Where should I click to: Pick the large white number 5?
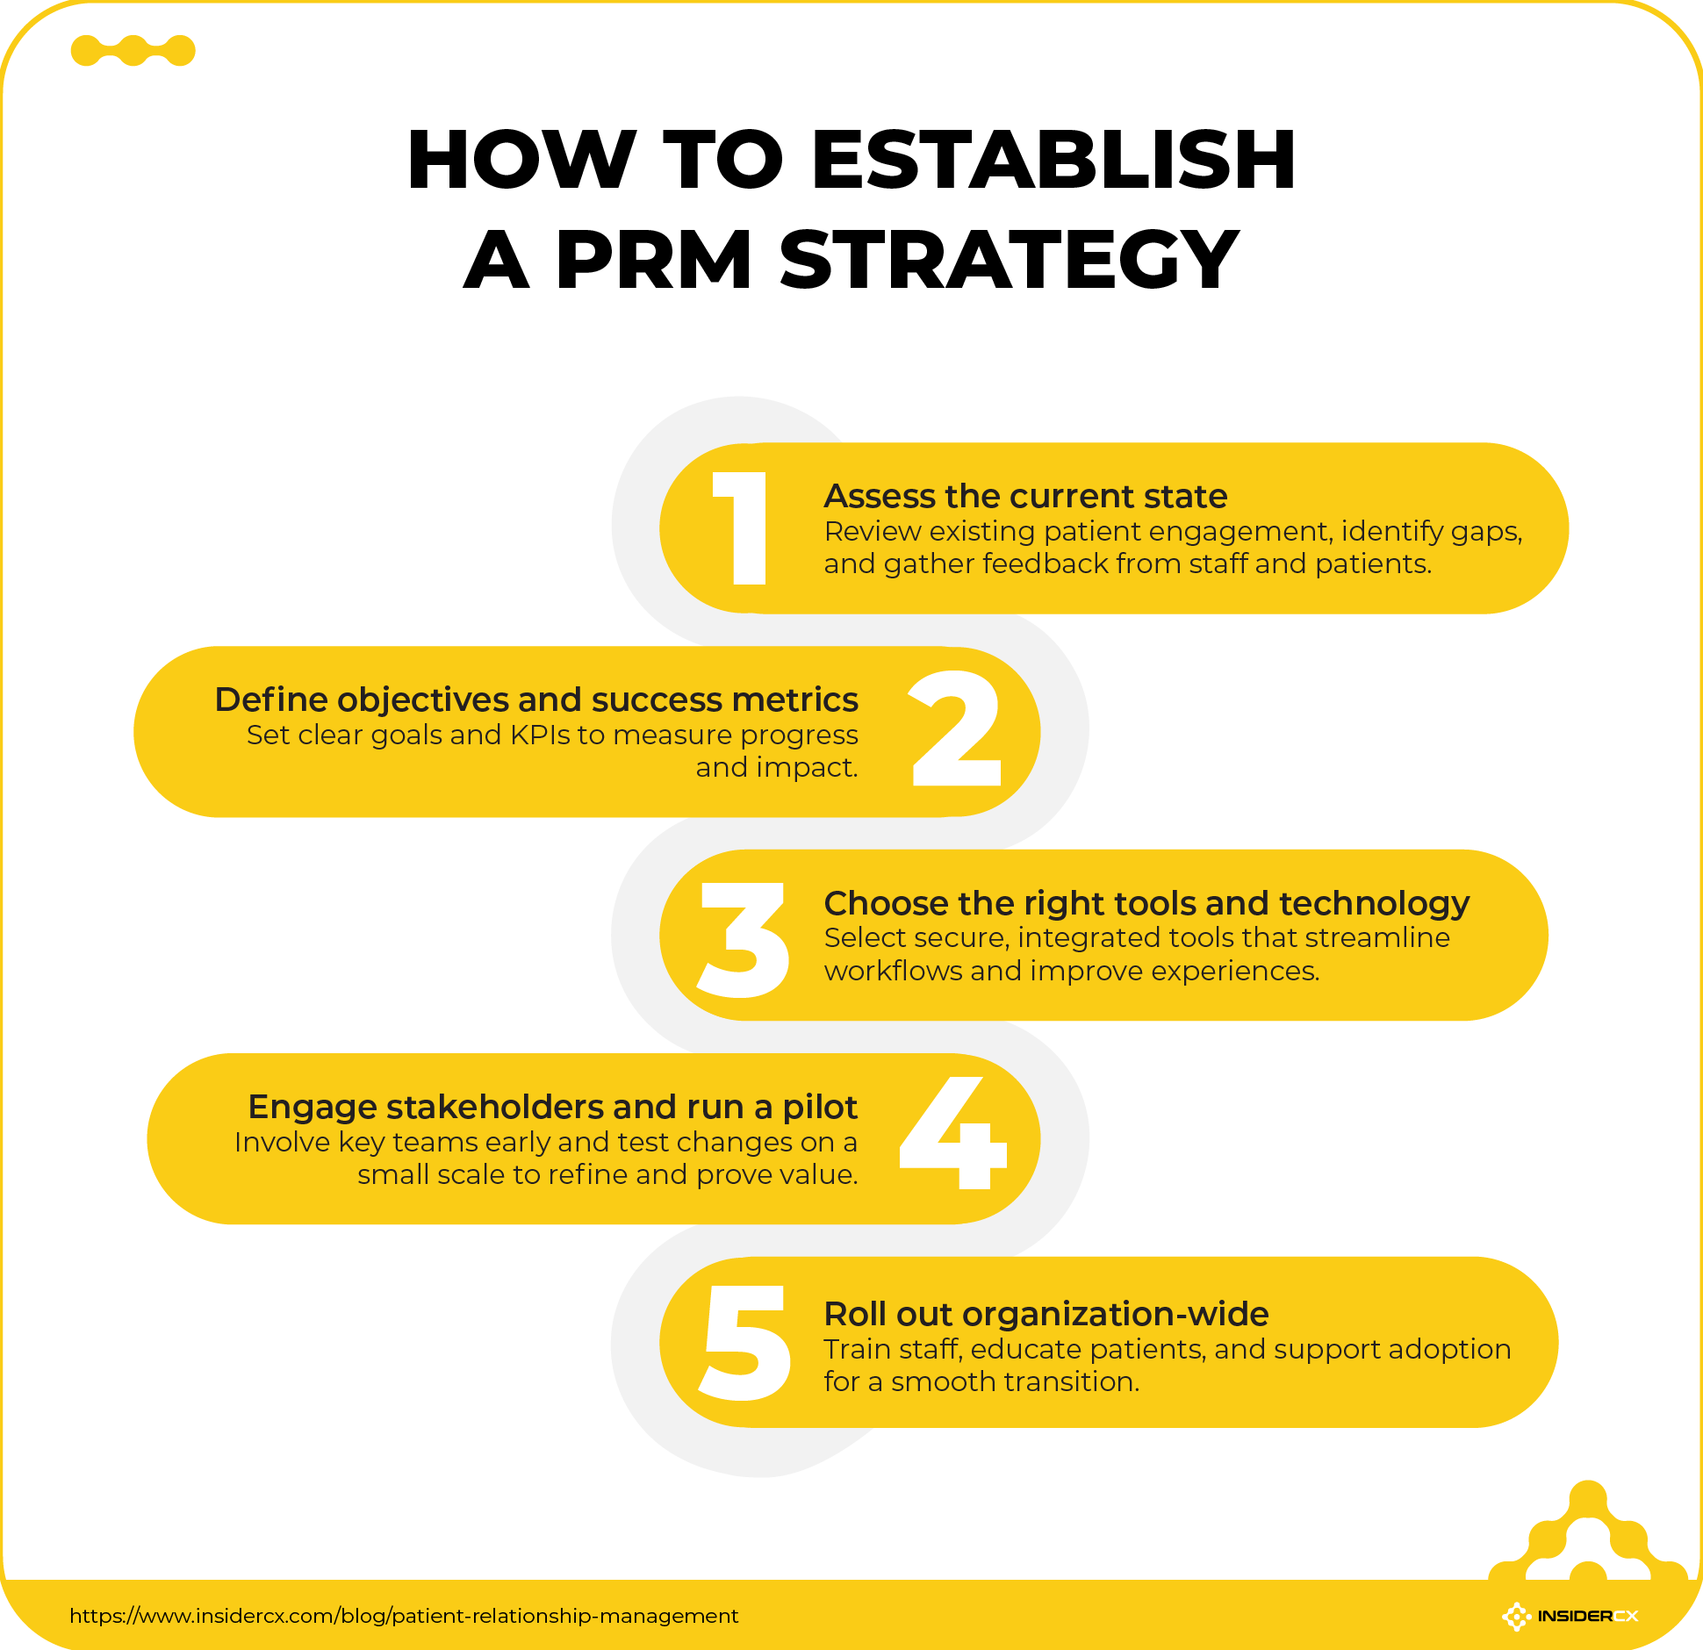tap(746, 1343)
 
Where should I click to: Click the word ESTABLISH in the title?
tap(1053, 160)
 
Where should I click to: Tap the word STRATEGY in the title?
tap(1010, 260)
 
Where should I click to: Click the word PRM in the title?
tap(654, 260)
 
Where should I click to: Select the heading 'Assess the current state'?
tap(1025, 497)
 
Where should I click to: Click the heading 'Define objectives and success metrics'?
tap(536, 700)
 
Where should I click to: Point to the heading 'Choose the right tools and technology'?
tap(1146, 903)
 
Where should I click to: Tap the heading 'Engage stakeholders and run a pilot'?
tap(552, 1108)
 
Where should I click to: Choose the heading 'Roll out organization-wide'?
tap(1046, 1314)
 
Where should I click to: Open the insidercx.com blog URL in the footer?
tap(404, 1616)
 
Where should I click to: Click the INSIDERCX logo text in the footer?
tap(1587, 1616)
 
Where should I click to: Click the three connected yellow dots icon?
tap(133, 51)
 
